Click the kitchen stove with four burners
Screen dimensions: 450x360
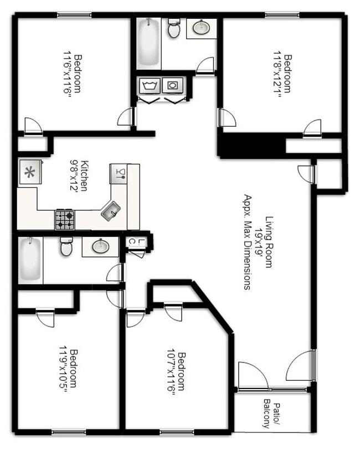click(x=64, y=220)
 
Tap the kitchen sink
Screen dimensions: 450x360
click(x=110, y=210)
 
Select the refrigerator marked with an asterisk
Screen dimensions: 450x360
click(x=27, y=172)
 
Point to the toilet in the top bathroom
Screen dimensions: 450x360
click(x=174, y=29)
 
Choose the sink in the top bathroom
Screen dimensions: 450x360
click(x=201, y=27)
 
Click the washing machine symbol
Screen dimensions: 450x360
click(x=149, y=86)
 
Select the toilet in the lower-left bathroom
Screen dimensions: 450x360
click(x=66, y=247)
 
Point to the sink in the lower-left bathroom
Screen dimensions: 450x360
click(x=100, y=246)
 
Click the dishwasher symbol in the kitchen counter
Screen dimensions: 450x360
click(x=118, y=173)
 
